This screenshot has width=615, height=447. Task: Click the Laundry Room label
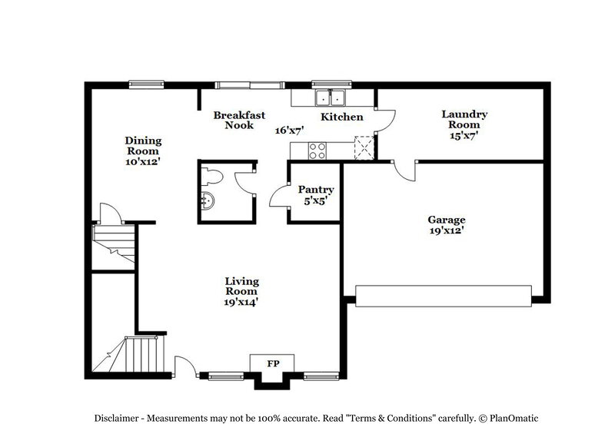pos(464,124)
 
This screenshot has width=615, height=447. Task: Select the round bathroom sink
pos(208,202)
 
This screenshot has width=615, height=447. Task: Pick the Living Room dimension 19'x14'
pos(241,301)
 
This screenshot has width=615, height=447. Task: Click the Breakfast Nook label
pos(239,120)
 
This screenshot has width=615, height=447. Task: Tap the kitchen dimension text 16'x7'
pos(290,130)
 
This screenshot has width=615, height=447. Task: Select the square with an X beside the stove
pos(363,147)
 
